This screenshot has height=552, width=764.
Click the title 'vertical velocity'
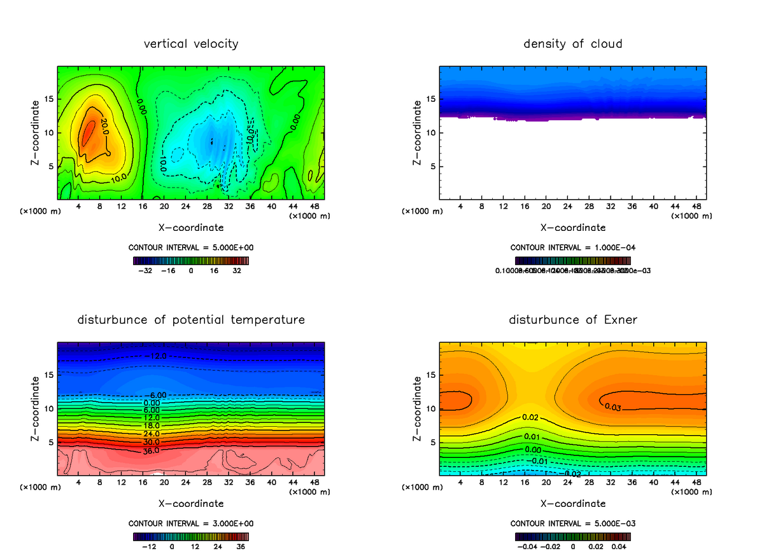(191, 44)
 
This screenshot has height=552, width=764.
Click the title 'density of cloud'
(573, 44)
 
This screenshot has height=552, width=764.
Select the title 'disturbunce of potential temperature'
(191, 319)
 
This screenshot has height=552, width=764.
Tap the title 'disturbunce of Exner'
(573, 319)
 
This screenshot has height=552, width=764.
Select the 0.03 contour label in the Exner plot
(612, 407)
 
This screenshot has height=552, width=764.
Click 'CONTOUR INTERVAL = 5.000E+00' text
(191, 247)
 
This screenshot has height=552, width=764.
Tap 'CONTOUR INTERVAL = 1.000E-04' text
(573, 247)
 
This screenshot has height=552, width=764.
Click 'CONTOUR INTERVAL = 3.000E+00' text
(191, 523)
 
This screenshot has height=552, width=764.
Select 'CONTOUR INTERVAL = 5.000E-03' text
(573, 523)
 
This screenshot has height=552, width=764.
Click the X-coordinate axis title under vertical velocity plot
(191, 228)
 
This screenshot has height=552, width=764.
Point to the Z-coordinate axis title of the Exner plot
(418, 409)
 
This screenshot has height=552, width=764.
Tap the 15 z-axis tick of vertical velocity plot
(48, 99)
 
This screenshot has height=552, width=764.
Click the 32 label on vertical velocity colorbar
(237, 270)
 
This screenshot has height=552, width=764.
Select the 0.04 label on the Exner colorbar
(620, 546)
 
